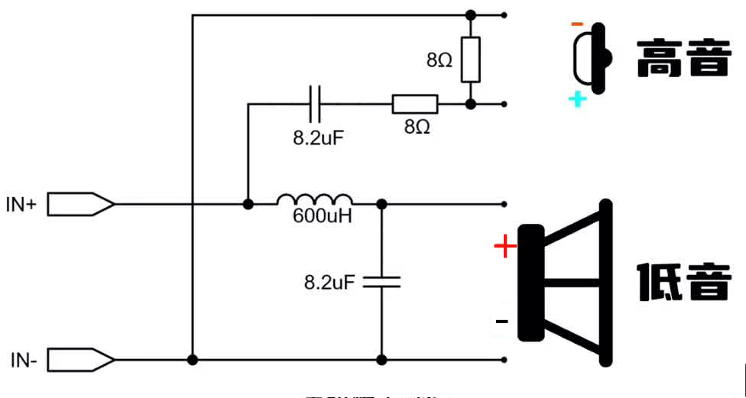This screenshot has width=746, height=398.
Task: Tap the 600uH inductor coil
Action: (x=314, y=199)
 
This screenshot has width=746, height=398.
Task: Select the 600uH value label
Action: (x=323, y=216)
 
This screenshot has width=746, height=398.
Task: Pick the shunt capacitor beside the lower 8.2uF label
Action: (x=381, y=282)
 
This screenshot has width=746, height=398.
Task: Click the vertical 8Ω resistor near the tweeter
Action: (x=470, y=60)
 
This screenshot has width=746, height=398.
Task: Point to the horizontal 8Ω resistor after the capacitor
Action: (x=415, y=104)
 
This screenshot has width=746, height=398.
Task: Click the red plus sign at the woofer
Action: (x=504, y=247)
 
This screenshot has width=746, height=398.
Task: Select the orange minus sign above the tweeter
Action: (x=577, y=24)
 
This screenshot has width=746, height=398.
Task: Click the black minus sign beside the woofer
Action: (x=501, y=322)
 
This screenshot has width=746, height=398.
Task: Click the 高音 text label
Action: (x=683, y=58)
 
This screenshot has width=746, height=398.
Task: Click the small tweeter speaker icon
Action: (x=593, y=58)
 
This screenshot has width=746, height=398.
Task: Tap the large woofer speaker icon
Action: (x=566, y=282)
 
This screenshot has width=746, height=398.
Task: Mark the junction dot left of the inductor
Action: (x=248, y=204)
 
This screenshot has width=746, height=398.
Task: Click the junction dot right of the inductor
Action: (x=381, y=204)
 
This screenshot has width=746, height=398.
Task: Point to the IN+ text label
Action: (x=21, y=204)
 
